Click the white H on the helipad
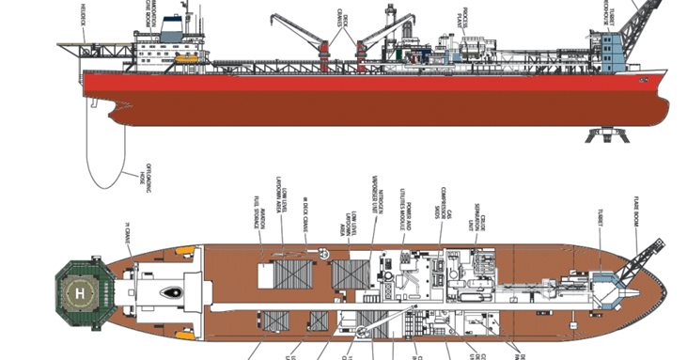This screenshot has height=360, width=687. [x=79, y=293]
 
